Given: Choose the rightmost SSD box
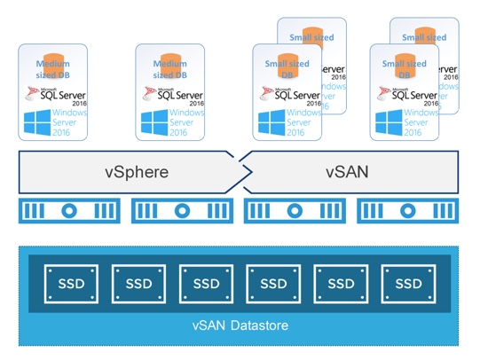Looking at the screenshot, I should [408, 283].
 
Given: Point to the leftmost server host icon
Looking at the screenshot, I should [69, 211].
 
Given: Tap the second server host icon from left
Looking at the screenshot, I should [182, 211].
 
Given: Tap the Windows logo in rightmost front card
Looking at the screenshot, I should [390, 122].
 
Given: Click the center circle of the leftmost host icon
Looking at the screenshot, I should [69, 211].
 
